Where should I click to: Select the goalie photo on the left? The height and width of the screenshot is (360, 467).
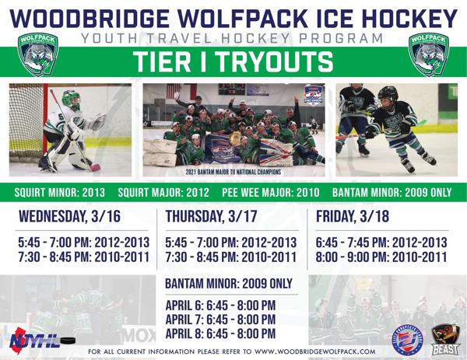tap(69, 130)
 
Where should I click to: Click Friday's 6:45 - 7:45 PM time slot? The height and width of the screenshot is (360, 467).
tap(382, 243)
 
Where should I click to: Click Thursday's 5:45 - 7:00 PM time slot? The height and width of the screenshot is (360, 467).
tap(231, 243)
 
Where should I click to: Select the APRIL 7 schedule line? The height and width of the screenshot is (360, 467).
tap(220, 319)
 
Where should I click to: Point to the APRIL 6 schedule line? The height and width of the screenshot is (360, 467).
tap(220, 304)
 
